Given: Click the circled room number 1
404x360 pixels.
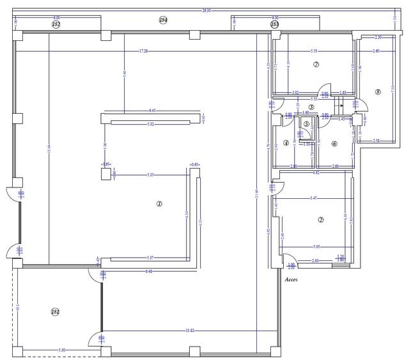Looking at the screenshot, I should click(x=160, y=204).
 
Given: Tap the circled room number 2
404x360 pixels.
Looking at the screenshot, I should click(x=320, y=220).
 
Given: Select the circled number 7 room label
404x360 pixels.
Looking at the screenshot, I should click(x=316, y=65).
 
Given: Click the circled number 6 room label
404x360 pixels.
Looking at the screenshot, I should click(x=334, y=143).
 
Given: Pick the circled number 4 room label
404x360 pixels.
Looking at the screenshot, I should click(x=285, y=143).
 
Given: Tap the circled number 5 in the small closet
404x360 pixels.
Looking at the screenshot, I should click(x=306, y=124).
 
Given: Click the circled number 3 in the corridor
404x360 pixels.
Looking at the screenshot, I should click(x=311, y=107).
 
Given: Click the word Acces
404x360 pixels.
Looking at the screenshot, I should click(x=291, y=279).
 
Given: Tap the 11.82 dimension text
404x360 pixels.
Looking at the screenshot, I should click(x=189, y=331).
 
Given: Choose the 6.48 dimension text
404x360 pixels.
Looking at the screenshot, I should click(x=149, y=271).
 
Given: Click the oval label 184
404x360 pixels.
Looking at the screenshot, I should click(x=163, y=20).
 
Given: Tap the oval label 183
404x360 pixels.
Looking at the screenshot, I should click(x=274, y=24).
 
